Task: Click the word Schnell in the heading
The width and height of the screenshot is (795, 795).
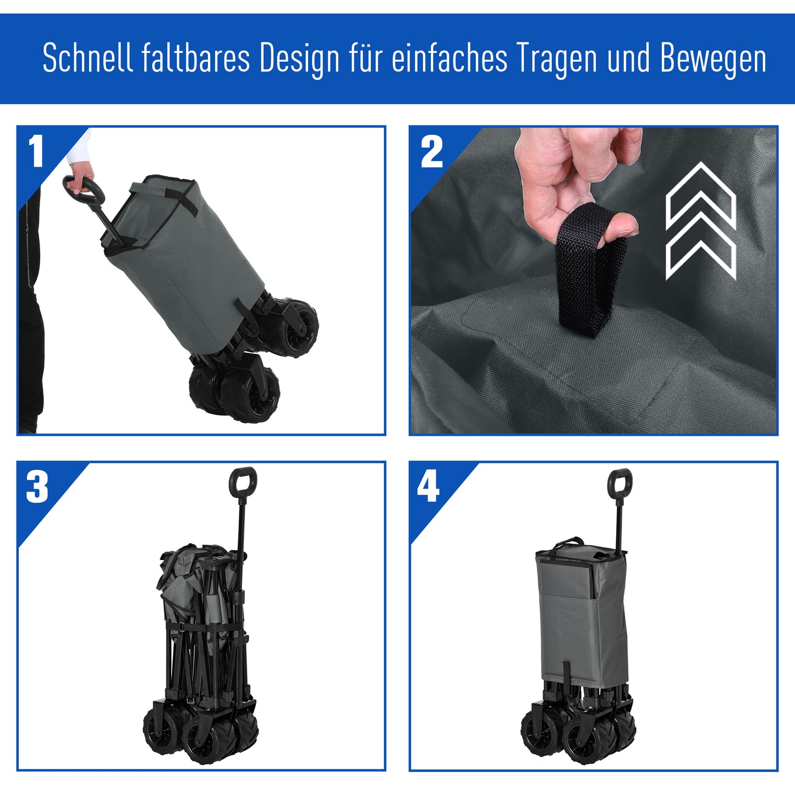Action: point(88,58)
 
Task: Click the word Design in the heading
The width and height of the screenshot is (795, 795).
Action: point(299,59)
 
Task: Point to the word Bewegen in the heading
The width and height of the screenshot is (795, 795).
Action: point(713,58)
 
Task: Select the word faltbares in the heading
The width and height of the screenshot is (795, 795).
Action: point(196,58)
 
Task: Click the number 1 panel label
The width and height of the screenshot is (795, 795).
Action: point(36,152)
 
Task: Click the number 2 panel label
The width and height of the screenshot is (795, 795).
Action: point(431,153)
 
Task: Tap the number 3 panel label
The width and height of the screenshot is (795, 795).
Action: point(37,487)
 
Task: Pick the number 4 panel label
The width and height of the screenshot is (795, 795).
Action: point(429,487)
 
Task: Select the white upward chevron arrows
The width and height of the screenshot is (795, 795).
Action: point(700,220)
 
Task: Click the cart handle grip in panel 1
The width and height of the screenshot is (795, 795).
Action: point(83,190)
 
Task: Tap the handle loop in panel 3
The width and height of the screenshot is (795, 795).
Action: point(243,481)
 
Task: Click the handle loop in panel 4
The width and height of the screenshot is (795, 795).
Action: point(619,484)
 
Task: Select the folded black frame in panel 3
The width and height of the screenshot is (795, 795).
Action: point(204,660)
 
